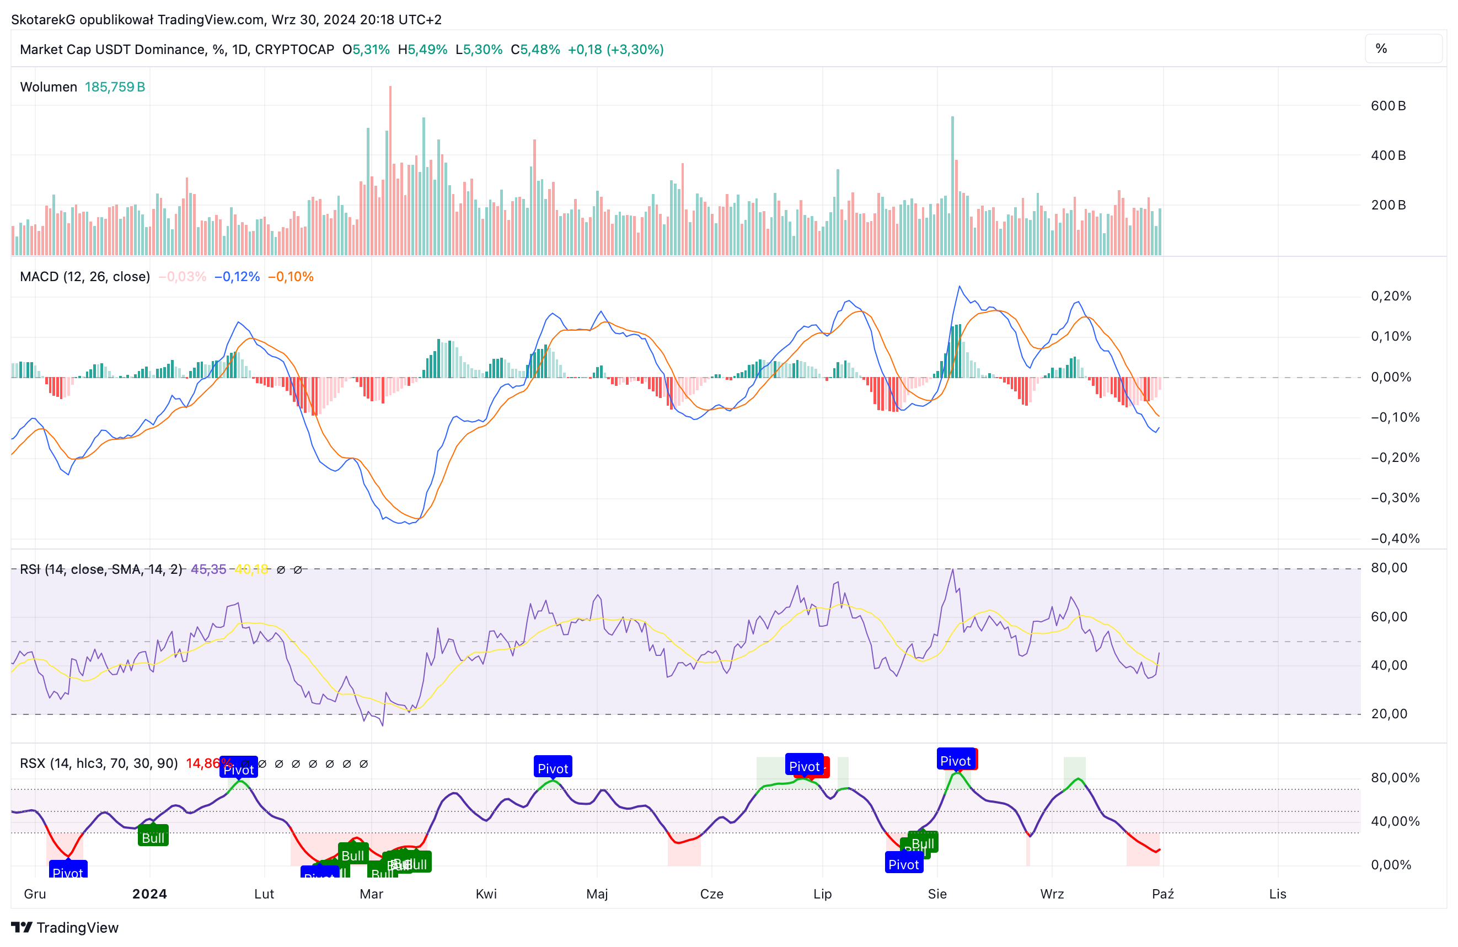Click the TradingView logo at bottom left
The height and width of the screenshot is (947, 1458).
coord(65,927)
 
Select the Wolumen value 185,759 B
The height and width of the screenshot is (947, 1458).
coord(115,87)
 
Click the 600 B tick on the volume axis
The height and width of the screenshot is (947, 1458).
coord(1387,106)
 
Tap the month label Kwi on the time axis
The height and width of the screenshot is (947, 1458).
coord(486,894)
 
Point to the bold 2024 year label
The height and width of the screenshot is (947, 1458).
coord(149,894)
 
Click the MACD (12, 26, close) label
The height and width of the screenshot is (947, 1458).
coord(84,277)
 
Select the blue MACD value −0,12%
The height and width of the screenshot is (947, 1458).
coord(237,277)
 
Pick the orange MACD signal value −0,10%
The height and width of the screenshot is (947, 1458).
coord(291,277)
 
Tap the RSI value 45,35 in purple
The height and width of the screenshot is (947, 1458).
coord(208,569)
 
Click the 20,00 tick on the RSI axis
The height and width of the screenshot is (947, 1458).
coord(1389,714)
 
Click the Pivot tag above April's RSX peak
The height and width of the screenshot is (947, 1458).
coord(553,768)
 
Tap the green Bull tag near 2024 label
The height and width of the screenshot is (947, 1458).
coord(153,837)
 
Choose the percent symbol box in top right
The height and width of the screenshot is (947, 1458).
coord(1403,49)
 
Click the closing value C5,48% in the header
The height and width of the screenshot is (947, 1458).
coord(535,50)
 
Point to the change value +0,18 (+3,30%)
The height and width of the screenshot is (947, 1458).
coord(615,50)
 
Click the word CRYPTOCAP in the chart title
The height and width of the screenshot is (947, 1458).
coord(294,50)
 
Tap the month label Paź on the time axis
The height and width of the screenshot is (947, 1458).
coord(1163,894)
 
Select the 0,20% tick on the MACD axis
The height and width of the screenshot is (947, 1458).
coord(1391,297)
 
